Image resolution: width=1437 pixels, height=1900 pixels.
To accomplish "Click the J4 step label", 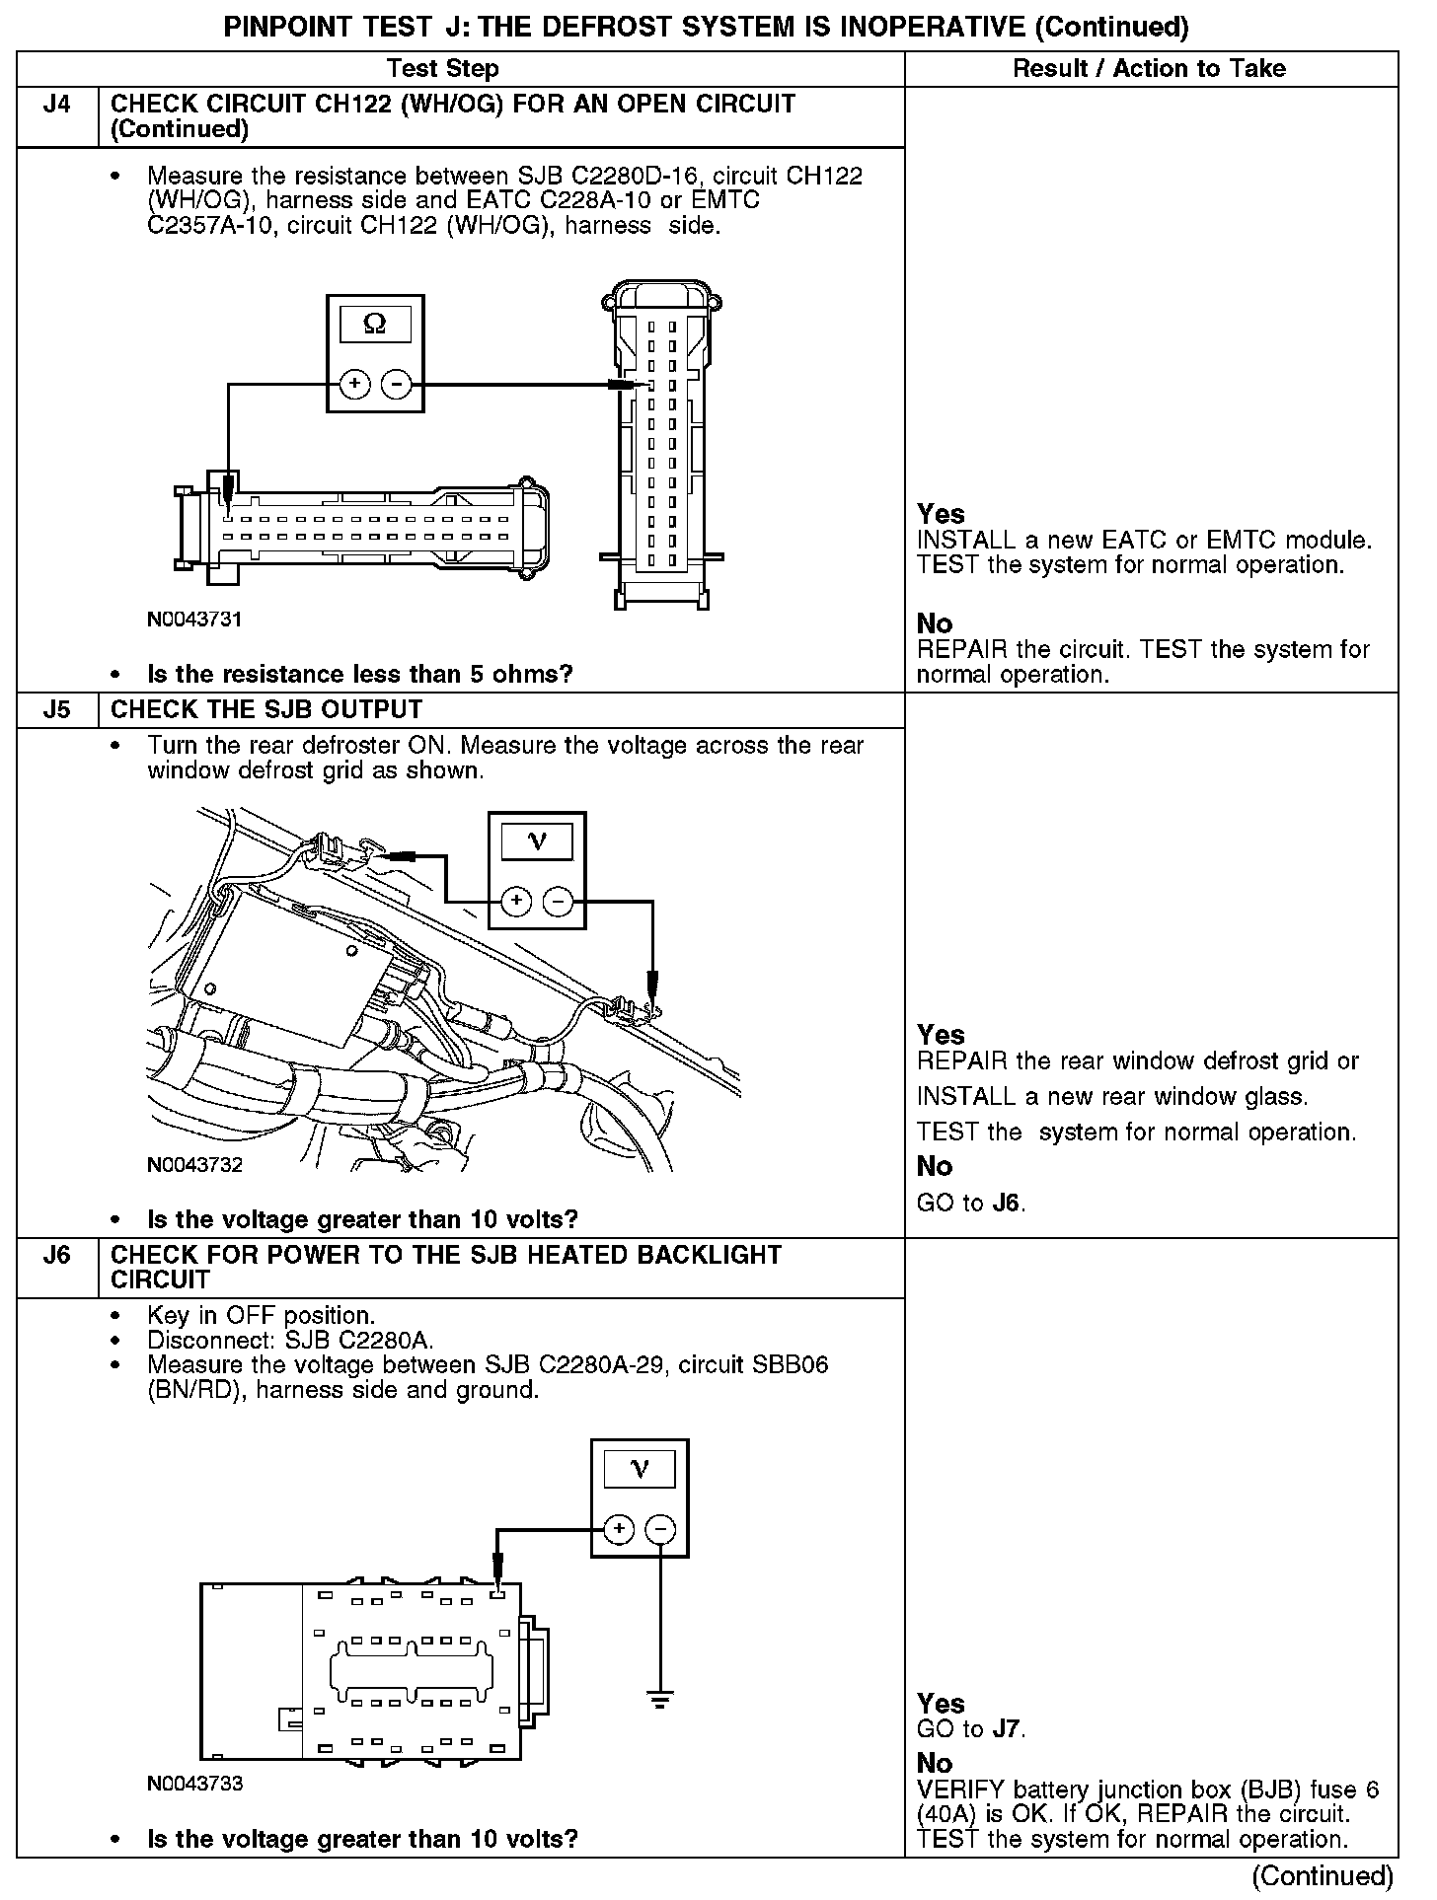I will point(57,105).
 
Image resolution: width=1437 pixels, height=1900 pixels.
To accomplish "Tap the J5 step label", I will point(57,710).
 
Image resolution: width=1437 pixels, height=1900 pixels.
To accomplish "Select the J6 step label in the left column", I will point(57,1256).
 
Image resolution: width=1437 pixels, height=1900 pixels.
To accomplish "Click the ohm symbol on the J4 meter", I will point(375,324).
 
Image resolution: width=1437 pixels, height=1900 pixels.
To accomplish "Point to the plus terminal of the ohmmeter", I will point(354,384).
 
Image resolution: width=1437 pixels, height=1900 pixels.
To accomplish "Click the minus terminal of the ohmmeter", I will point(396,384).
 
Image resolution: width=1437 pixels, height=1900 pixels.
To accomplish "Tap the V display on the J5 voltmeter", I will point(537,841).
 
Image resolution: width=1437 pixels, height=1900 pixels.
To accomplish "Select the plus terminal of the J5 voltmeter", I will point(516,901).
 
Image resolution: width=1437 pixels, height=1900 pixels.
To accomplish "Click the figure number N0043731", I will point(194,620).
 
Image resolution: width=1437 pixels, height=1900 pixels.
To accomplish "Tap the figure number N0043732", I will point(194,1165).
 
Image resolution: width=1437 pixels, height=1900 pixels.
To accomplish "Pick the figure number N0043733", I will point(194,1784).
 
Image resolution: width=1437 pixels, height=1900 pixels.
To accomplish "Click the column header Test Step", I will point(442,69).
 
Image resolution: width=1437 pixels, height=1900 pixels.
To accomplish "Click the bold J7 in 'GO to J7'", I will point(1007,1729).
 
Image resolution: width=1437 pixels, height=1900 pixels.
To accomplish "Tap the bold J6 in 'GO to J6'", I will point(1007,1204).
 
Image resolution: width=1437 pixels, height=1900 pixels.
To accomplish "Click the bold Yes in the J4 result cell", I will point(941,514).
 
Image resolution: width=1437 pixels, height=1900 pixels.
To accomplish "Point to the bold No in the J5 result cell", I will point(935,1166).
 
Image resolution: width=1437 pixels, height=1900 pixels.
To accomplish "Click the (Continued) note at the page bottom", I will point(1323,1875).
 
